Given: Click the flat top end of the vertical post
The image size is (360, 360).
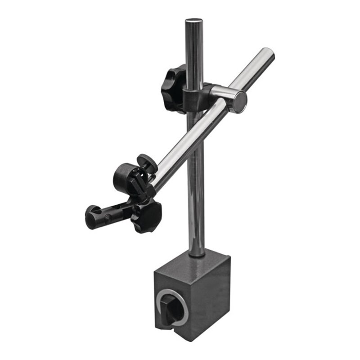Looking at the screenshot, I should click(x=193, y=21).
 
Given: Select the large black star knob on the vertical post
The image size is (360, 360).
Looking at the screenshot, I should click(x=174, y=88).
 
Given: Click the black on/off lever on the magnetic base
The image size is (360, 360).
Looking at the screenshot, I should click(x=173, y=308).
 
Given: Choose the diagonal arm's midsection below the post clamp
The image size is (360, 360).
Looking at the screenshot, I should click(x=189, y=139).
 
